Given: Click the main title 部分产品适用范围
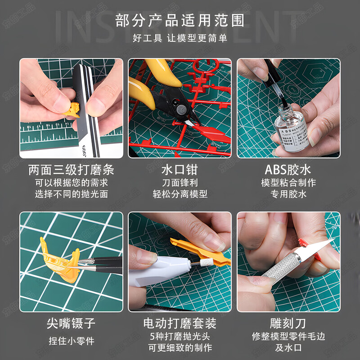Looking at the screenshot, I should [x=180, y=20].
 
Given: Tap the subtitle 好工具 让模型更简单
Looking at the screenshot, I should [x=180, y=38].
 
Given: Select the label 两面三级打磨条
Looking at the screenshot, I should [x=71, y=170].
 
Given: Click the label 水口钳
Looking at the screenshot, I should [x=180, y=170].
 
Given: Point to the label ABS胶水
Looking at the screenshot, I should [x=288, y=170].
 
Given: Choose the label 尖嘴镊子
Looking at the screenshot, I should [x=71, y=323].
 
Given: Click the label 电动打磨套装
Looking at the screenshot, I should [x=180, y=323].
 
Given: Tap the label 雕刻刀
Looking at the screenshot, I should [x=288, y=323].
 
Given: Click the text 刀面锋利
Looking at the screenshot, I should [x=180, y=183].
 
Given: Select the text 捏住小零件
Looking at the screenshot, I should [x=71, y=341].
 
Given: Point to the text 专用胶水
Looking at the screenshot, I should [x=288, y=194].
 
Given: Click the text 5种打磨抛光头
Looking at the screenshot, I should [x=180, y=336].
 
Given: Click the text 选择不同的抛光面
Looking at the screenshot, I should [x=71, y=194].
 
